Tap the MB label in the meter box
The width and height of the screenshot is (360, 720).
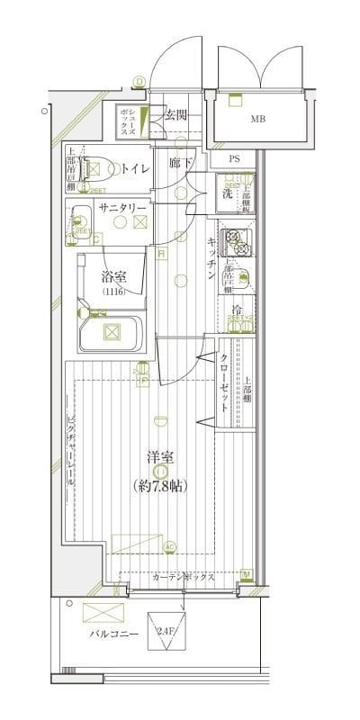[x=257, y=116]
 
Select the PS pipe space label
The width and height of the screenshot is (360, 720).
[x=234, y=159]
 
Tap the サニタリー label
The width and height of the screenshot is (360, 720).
[x=122, y=207]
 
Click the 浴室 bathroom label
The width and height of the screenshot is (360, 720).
[x=113, y=276]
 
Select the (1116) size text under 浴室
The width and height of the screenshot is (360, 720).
[x=113, y=292]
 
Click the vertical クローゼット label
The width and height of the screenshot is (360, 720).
[x=224, y=382]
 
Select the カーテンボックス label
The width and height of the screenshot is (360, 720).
[x=183, y=578]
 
